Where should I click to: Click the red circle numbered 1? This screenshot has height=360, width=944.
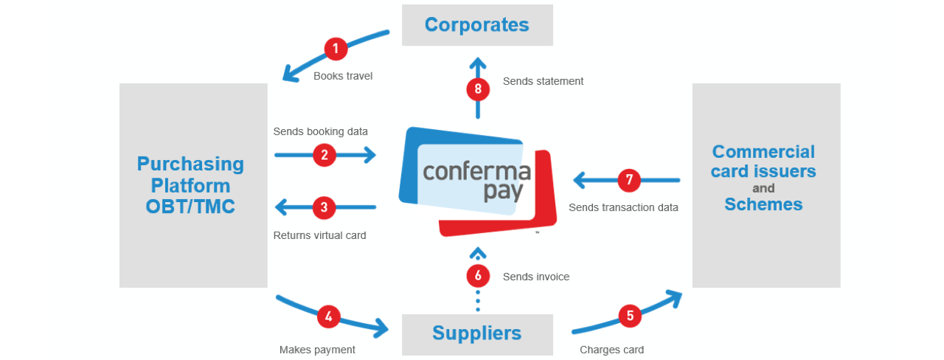(x=336, y=49)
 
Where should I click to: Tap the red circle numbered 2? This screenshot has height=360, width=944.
(x=324, y=155)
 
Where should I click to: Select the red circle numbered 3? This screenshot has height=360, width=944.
(x=324, y=207)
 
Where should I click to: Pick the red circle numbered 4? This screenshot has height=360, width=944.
(x=329, y=317)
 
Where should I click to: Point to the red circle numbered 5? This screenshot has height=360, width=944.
(x=630, y=316)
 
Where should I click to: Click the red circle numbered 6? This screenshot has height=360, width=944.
(x=478, y=276)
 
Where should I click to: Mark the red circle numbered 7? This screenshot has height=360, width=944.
(x=629, y=180)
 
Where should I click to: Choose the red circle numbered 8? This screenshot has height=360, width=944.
(x=478, y=89)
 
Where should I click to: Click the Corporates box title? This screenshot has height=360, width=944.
(x=476, y=25)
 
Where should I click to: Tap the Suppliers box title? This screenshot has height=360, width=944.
(x=476, y=333)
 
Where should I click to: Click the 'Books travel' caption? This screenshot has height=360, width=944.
(x=343, y=76)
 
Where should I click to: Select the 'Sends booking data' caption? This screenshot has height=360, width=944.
(x=320, y=131)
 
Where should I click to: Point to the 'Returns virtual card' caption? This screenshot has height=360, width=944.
(x=319, y=235)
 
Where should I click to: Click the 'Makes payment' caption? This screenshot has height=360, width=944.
(x=317, y=350)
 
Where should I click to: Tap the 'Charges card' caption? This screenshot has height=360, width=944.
(x=611, y=350)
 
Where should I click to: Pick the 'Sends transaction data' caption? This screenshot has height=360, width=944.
(x=623, y=207)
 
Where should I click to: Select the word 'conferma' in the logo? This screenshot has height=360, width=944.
(x=476, y=172)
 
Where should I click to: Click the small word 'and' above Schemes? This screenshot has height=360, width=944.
(x=763, y=188)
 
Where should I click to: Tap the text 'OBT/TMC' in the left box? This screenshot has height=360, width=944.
(x=190, y=206)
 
